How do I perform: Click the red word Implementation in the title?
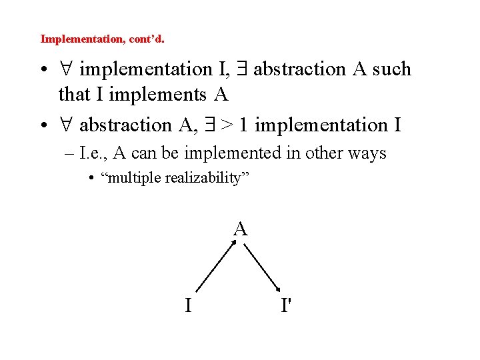tap(79, 39)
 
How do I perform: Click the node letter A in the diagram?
tap(241, 230)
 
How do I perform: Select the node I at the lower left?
tap(189, 305)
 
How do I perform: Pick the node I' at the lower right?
tap(287, 305)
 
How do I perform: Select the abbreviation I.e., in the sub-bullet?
tap(93, 153)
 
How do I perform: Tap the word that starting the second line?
tap(72, 95)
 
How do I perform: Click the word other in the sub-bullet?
tap(322, 153)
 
